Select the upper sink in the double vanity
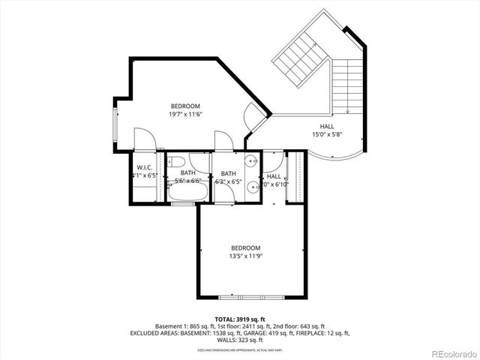coord(250,161)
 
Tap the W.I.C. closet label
coord(145,167)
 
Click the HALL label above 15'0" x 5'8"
coord(327,127)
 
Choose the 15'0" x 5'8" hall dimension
coord(327,136)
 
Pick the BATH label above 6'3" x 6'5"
coord(228,172)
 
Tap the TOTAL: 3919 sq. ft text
coord(239,319)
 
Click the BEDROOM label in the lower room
coord(245,248)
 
